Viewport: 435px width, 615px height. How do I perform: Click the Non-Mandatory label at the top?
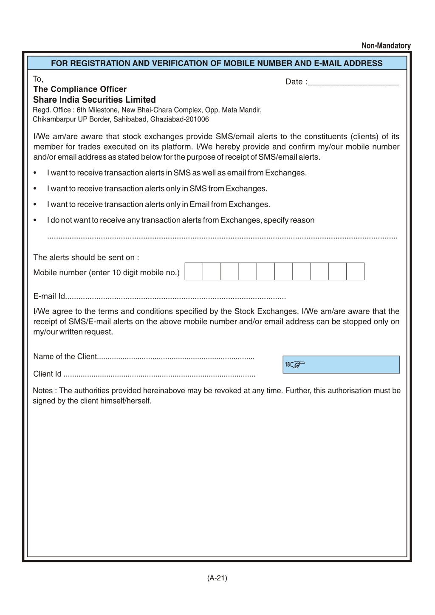pyautogui.click(x=386, y=46)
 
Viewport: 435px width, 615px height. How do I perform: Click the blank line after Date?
pyautogui.click(x=353, y=83)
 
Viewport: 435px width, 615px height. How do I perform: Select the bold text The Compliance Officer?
pyautogui.click(x=80, y=89)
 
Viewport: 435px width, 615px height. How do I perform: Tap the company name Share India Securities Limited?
pyautogui.click(x=94, y=100)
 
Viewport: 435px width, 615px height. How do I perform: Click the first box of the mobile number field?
pyautogui.click(x=194, y=271)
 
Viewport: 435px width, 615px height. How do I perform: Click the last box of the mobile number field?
pyautogui.click(x=355, y=271)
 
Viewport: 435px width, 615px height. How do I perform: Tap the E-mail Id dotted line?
pyautogui.click(x=176, y=297)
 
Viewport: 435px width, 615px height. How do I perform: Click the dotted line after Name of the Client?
pyautogui.click(x=176, y=358)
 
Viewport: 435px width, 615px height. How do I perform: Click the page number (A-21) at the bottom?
pyautogui.click(x=217, y=578)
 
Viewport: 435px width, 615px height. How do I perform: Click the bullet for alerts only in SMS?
pyautogui.click(x=35, y=189)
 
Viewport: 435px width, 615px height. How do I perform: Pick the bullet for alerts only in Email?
pyautogui.click(x=35, y=205)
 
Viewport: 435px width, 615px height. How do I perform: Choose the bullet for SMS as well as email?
pyautogui.click(x=35, y=173)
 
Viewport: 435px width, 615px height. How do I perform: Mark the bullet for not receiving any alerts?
pyautogui.click(x=35, y=220)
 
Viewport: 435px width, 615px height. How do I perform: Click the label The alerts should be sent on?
pyautogui.click(x=86, y=257)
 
